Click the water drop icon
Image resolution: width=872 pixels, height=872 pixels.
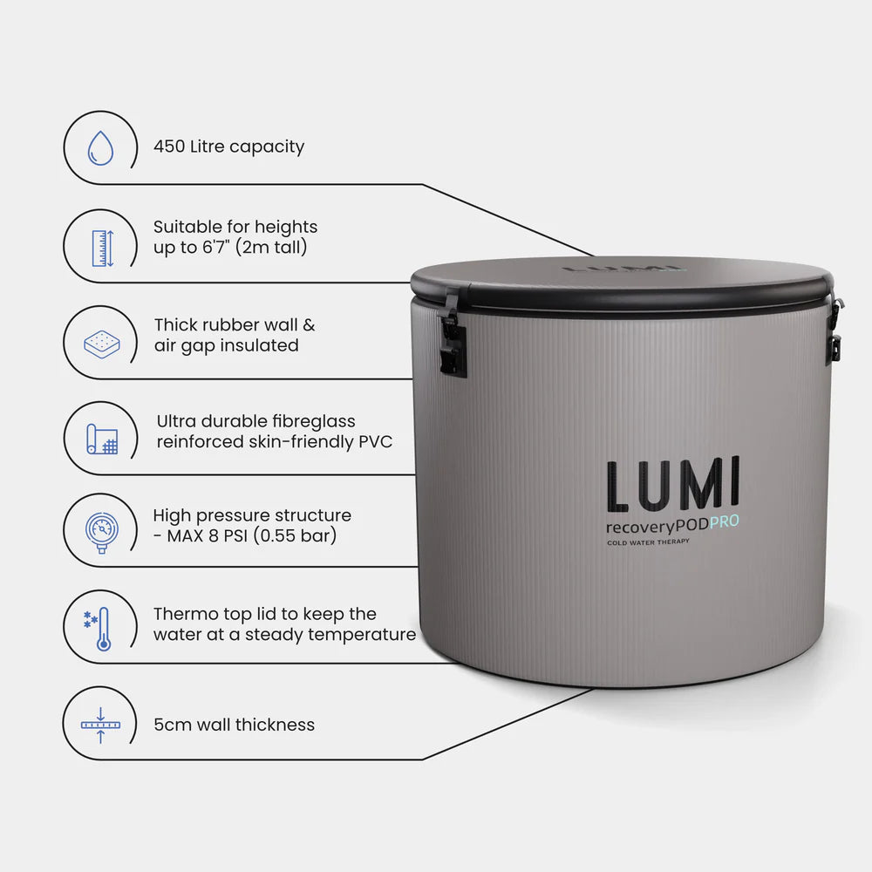click(x=100, y=147)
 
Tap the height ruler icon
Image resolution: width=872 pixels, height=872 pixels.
click(x=103, y=248)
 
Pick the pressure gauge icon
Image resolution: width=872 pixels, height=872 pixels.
click(x=102, y=530)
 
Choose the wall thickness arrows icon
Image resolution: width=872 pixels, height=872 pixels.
click(x=101, y=724)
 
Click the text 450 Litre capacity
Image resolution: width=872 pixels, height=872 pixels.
click(x=228, y=146)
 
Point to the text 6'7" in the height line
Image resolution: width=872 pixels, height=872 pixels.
click(x=218, y=248)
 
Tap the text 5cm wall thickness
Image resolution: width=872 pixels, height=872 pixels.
click(x=234, y=725)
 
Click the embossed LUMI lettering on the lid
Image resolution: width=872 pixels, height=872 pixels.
click(x=621, y=268)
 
